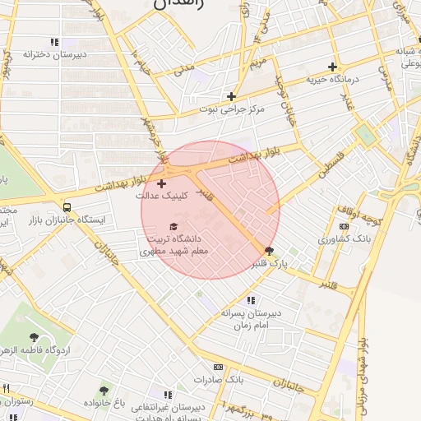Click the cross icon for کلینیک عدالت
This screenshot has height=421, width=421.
tap(160, 183)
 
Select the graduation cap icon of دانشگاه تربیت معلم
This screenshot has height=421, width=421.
tap(173, 226)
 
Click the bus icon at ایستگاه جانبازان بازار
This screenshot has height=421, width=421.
tap(67, 207)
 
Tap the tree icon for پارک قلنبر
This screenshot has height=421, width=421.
tap(269, 251)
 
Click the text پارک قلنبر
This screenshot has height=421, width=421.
tap(272, 264)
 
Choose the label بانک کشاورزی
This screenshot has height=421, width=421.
tap(346, 239)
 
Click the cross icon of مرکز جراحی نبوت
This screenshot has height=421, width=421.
tap(232, 95)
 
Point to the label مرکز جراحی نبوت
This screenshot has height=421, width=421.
tap(233, 109)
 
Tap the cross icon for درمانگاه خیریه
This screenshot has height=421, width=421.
tap(332, 67)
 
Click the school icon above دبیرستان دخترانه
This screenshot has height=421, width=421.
tap(54, 42)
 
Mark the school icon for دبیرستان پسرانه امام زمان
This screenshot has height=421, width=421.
tap(251, 300)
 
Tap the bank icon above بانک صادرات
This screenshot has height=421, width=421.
tap(217, 367)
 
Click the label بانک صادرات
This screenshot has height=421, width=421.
tap(220, 380)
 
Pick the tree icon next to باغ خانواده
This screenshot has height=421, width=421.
tap(104, 391)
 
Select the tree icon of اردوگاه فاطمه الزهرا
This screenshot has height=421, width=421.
tap(33, 337)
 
